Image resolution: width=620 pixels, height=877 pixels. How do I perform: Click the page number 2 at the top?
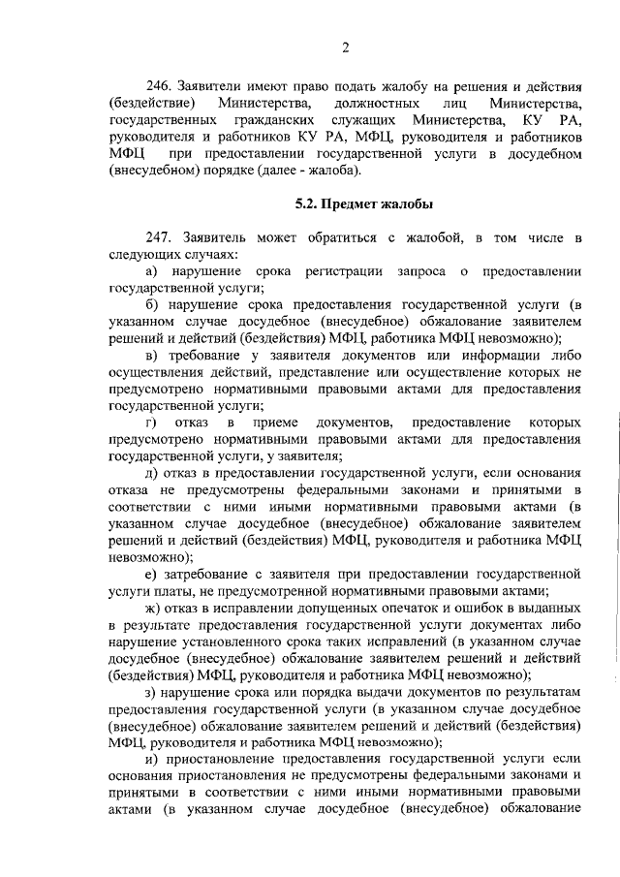tap(345, 48)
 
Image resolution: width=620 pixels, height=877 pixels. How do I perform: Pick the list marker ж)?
tap(154, 608)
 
